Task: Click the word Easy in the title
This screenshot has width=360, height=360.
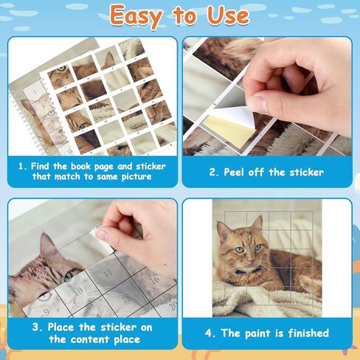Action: [x=136, y=16]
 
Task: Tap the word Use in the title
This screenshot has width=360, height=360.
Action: [x=228, y=15]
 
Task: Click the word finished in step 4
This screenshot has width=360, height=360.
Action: [x=308, y=333]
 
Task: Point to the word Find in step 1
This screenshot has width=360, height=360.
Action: [x=40, y=166]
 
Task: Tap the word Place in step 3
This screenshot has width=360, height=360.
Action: [x=60, y=327]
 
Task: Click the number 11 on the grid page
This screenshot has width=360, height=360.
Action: [x=108, y=273]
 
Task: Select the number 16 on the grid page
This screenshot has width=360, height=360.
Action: [x=154, y=280]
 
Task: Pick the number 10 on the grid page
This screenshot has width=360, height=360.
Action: [x=78, y=291]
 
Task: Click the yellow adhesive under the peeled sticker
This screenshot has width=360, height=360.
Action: [x=227, y=130]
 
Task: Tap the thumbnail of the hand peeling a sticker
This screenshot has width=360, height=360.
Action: [x=267, y=97]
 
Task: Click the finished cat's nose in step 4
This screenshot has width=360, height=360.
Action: [x=251, y=259]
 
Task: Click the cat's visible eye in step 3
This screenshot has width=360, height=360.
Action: [x=68, y=276]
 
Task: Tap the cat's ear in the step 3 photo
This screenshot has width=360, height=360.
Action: [x=49, y=246]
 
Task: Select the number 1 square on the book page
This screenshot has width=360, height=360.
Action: [x=35, y=91]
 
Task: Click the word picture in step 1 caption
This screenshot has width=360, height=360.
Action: [x=136, y=176]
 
